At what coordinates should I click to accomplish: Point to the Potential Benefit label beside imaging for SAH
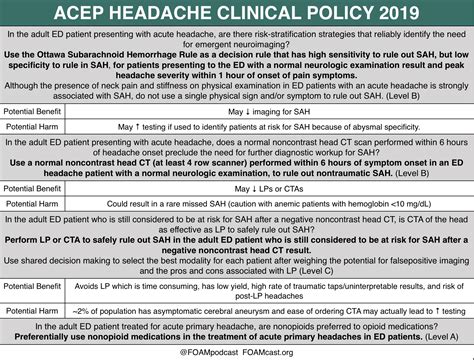37,112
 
